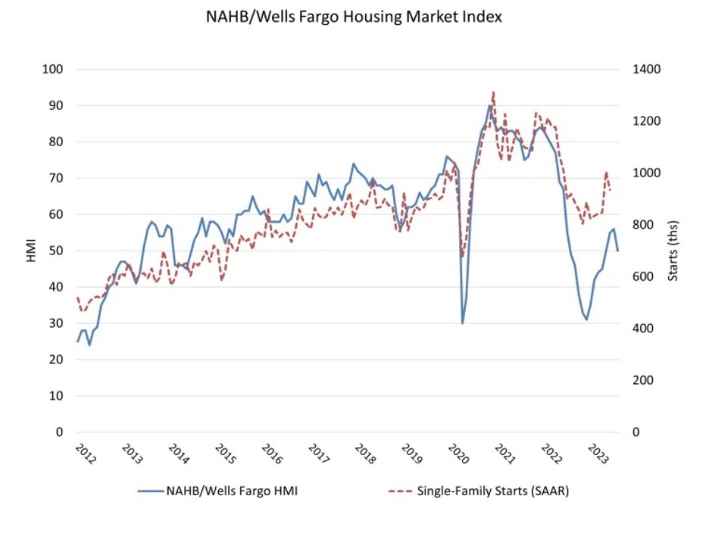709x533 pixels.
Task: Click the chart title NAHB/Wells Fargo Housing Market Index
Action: [x=354, y=16]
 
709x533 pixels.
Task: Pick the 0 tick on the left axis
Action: [x=58, y=432]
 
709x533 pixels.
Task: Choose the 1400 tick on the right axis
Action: [x=648, y=70]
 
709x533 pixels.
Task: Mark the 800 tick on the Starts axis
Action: [x=645, y=225]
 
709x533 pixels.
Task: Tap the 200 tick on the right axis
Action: [x=645, y=380]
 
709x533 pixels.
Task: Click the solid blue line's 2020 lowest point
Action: [x=462, y=323]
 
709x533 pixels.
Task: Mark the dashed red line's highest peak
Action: [x=493, y=92]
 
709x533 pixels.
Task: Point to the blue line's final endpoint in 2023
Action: [x=618, y=251]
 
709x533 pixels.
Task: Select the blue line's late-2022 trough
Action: [x=586, y=319]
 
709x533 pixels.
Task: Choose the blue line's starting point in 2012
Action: [x=77, y=341]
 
